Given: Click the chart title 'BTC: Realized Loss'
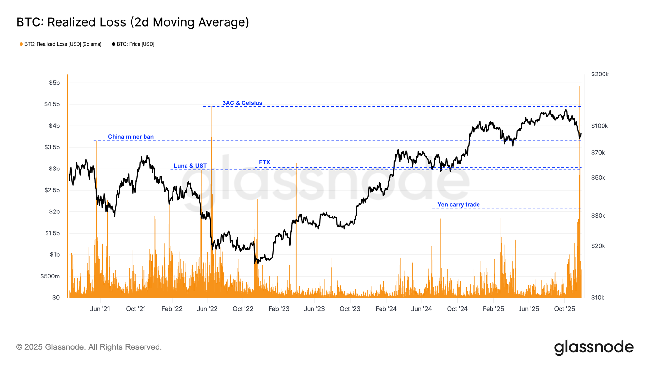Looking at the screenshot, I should [x=132, y=22].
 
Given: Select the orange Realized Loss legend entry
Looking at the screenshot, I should [x=61, y=44].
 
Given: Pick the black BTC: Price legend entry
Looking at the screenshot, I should [x=133, y=44].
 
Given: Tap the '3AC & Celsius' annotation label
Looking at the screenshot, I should [x=242, y=103].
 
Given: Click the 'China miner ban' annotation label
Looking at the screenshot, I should [x=131, y=137].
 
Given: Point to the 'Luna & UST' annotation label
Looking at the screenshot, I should [x=190, y=166].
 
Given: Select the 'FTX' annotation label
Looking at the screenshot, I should [x=264, y=162].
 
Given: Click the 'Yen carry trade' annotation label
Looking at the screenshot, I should [x=458, y=205].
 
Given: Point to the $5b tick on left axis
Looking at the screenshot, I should [x=54, y=83].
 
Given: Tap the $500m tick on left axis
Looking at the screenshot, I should [x=50, y=276].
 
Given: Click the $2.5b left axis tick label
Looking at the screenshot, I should [x=52, y=190].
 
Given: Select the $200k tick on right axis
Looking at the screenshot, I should [x=600, y=74].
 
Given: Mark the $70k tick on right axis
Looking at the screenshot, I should [x=598, y=153].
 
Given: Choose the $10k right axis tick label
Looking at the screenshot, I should [x=598, y=298].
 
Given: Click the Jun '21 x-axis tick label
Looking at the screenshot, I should [x=100, y=309].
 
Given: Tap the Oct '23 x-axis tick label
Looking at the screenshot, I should [x=350, y=309].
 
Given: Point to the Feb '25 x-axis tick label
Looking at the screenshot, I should [x=493, y=309].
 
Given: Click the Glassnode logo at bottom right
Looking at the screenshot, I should [x=594, y=347].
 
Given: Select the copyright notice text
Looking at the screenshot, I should [x=89, y=347].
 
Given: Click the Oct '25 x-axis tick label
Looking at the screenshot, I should [x=564, y=309].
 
